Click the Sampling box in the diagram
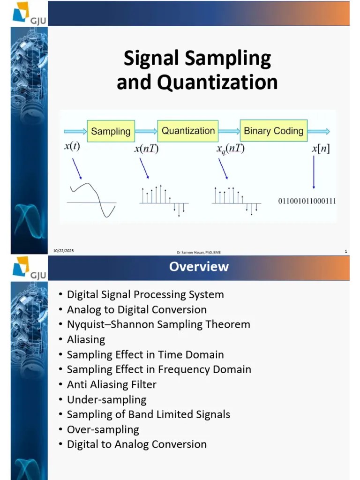[111, 131]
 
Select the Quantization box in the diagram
[188, 131]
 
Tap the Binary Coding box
[273, 131]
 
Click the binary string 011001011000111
[307, 202]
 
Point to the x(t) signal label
[72, 146]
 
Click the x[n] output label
[321, 149]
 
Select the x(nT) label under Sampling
[146, 149]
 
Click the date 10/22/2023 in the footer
[63, 251]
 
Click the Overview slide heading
[199, 267]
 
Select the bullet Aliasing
[86, 339]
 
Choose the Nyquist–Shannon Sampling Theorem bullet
[158, 324]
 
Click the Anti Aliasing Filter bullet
[112, 384]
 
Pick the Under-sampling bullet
[106, 399]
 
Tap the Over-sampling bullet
[103, 429]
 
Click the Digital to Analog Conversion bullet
[136, 444]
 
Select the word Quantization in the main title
[217, 82]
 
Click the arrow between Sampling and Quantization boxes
[146, 131]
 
